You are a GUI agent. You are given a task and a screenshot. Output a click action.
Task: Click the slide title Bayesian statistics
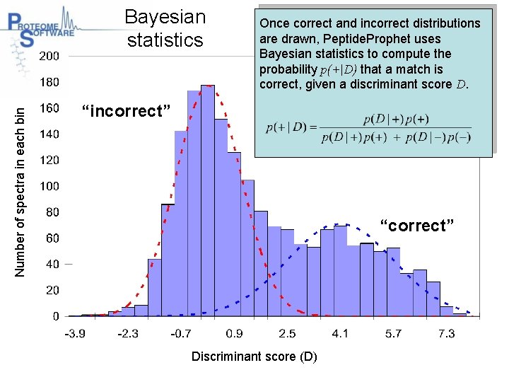click(x=165, y=28)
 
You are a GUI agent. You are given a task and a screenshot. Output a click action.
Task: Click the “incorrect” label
click(x=126, y=111)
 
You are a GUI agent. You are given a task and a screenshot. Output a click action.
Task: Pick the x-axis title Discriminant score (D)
click(x=254, y=356)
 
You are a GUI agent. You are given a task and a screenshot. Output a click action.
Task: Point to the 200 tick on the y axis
click(x=49, y=56)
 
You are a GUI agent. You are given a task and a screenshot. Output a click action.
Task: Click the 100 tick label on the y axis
click(x=49, y=186)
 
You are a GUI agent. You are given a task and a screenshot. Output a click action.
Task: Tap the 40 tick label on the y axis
click(x=52, y=264)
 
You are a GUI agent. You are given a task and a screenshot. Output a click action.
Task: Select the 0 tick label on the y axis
click(x=56, y=316)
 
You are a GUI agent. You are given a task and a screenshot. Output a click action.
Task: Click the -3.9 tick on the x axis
click(x=76, y=333)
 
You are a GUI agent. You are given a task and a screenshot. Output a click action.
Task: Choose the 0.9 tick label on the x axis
click(x=234, y=333)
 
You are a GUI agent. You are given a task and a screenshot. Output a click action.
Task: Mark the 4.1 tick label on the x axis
click(x=341, y=333)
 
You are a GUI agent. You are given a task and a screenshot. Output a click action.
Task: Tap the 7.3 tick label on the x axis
click(x=446, y=333)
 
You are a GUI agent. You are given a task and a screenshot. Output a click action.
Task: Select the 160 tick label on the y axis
click(x=49, y=108)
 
